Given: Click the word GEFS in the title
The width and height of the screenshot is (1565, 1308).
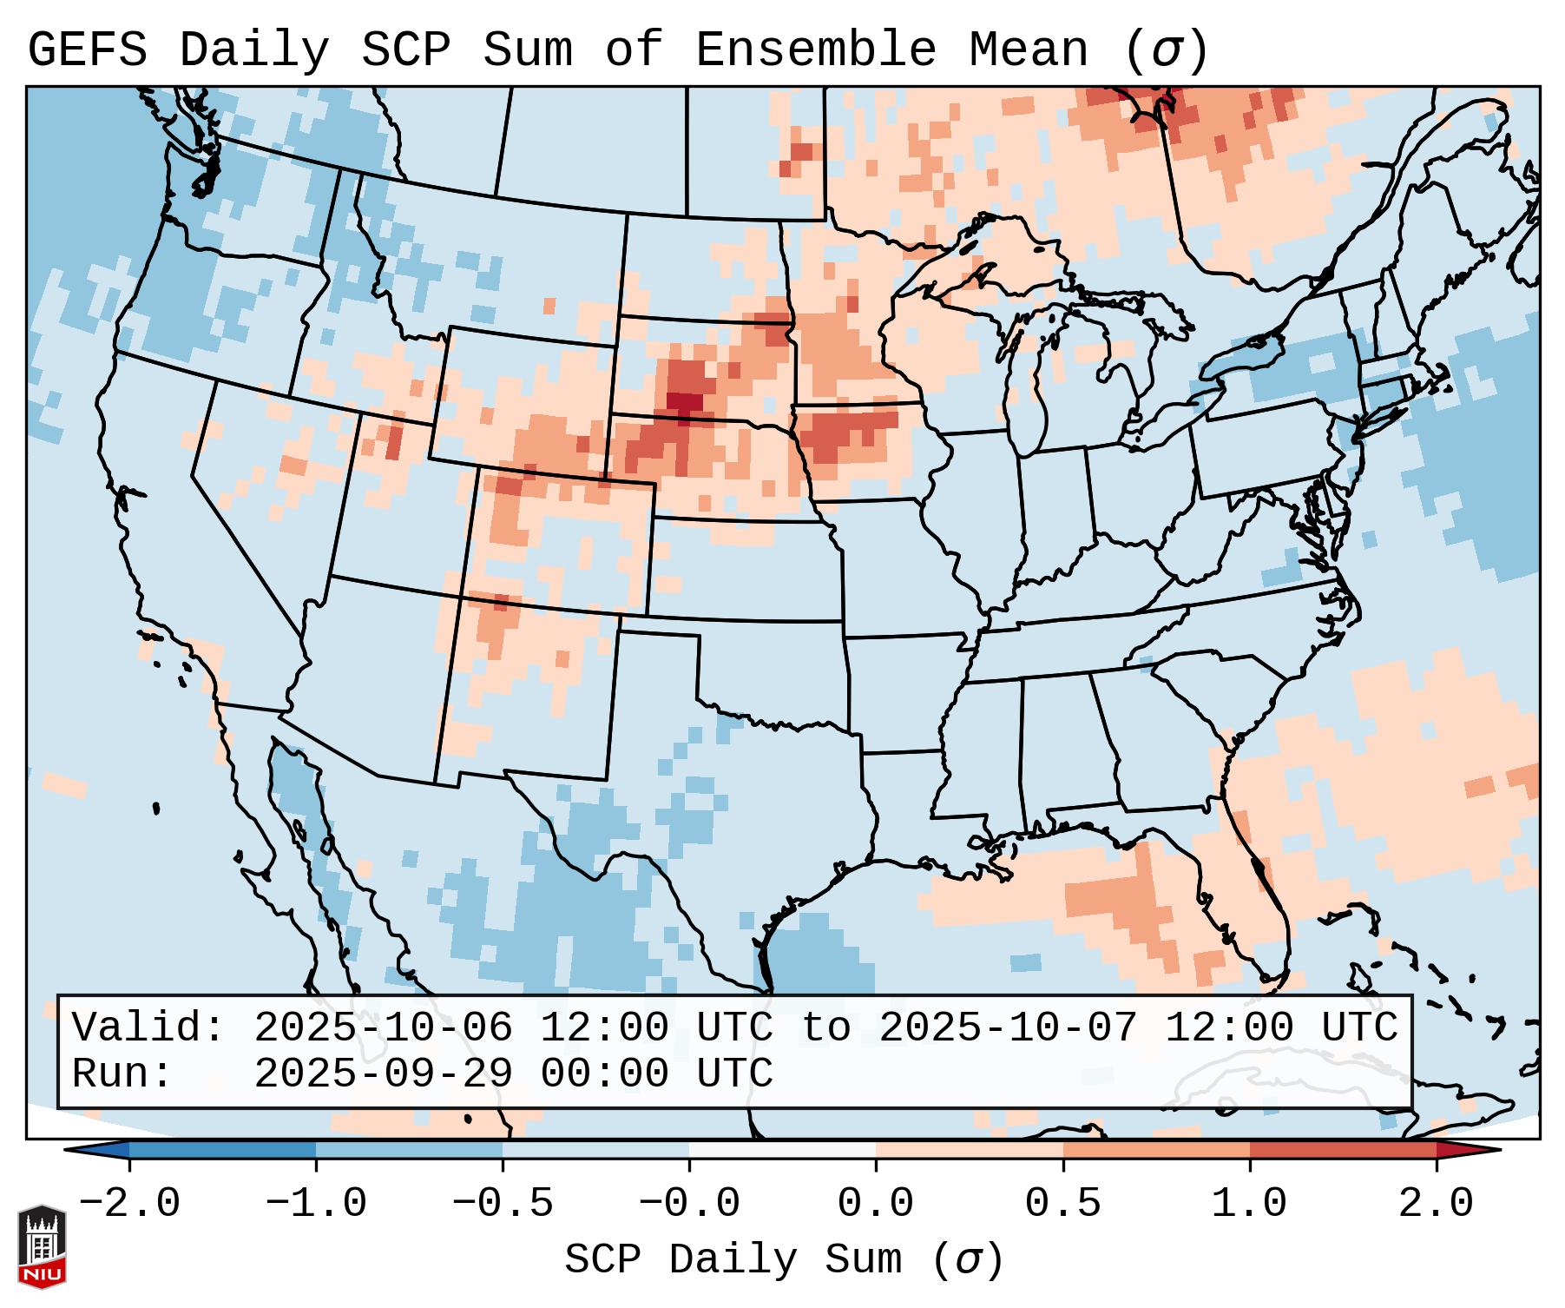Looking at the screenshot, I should tap(88, 50).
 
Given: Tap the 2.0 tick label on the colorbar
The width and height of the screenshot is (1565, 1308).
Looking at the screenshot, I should tap(1437, 1204).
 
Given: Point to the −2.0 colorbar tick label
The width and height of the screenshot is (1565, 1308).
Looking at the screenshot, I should tap(129, 1204).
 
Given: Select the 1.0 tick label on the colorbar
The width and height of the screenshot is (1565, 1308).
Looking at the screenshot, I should tap(1249, 1204).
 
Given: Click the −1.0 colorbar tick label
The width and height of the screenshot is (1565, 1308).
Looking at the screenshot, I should tap(316, 1204).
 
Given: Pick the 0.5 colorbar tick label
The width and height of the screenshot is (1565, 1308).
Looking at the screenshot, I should tap(1063, 1204).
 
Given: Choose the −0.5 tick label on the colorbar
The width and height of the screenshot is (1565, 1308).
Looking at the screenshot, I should tap(503, 1204).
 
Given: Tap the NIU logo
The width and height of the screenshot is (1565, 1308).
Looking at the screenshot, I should tap(42, 1246).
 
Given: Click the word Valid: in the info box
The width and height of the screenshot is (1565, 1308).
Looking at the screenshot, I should tap(148, 1028).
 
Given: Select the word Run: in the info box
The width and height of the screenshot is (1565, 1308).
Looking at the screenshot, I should tap(122, 1074).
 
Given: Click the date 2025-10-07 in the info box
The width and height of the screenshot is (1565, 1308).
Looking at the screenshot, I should tap(1008, 1028).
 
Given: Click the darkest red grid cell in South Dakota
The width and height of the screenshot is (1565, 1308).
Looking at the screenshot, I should tap(686, 403).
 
